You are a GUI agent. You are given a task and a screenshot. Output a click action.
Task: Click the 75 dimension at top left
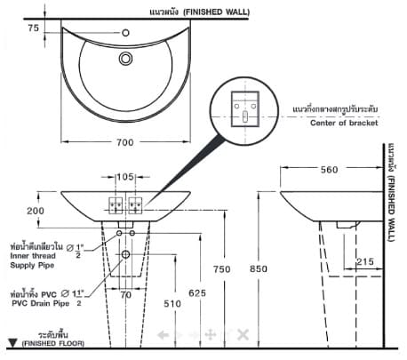click(x=34, y=28)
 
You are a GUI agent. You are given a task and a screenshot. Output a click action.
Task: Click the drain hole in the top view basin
click(x=124, y=60)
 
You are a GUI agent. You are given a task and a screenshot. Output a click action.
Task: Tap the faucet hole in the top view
click(x=124, y=33)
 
